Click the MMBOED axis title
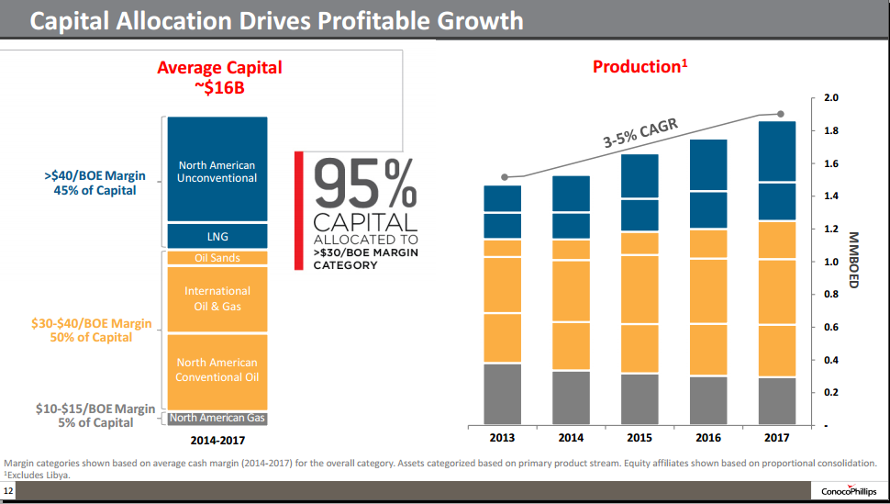point(852,260)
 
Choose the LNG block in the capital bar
point(217,237)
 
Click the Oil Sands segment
point(217,258)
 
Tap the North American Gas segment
point(217,418)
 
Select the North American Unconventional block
point(217,171)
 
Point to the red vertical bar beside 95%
point(298,210)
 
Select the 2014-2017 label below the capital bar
point(217,440)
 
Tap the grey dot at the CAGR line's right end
point(781,114)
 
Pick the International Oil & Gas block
point(217,298)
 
